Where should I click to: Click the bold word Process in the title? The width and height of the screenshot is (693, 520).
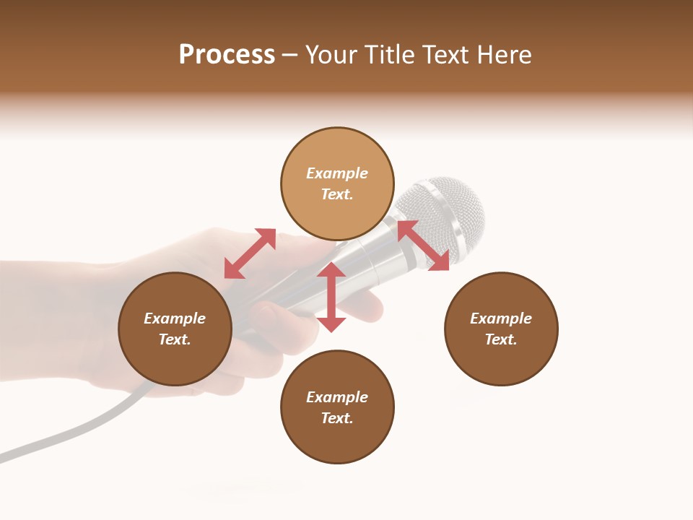(227, 55)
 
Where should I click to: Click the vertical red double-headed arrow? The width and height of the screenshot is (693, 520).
(331, 297)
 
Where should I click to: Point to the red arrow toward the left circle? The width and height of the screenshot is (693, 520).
(250, 253)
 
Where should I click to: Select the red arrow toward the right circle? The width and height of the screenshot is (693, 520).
(423, 246)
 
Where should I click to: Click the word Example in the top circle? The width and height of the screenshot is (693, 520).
(337, 173)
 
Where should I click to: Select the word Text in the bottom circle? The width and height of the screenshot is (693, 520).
(337, 418)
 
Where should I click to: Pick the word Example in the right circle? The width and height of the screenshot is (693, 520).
(501, 318)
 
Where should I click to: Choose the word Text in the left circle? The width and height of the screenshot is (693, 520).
(175, 339)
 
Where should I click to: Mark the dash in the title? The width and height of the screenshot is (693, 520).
(290, 55)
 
